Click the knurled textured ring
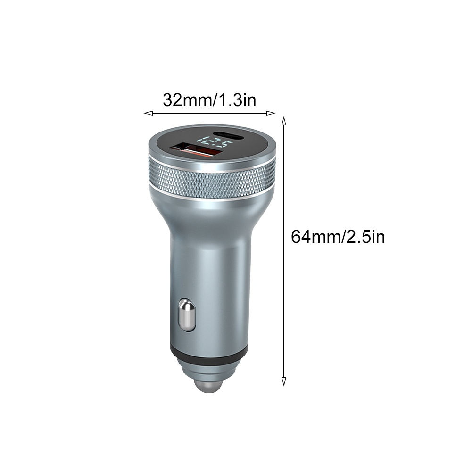point(212,178)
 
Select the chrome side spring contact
point(186,315)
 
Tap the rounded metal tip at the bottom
point(210,386)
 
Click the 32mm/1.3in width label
point(209,100)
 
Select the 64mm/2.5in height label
point(338,237)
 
